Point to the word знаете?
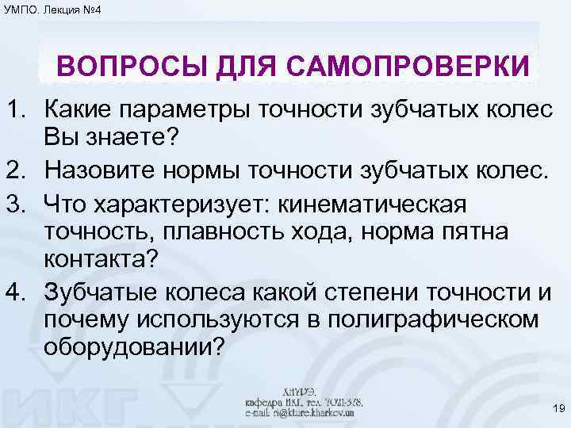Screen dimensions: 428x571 (140, 138)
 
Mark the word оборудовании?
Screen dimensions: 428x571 (135, 349)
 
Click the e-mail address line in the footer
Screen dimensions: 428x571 (300, 413)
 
